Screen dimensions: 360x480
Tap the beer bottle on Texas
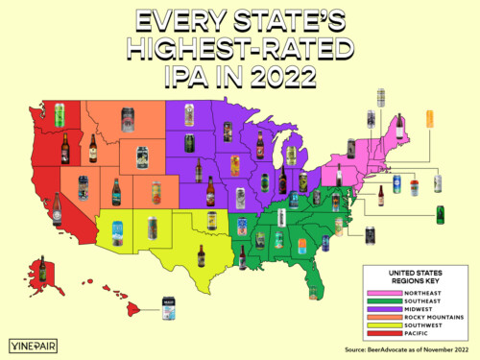[x=201, y=256]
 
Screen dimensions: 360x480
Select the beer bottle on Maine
[x=399, y=126]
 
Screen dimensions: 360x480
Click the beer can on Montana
[x=127, y=119]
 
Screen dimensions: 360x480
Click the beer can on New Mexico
[x=152, y=228]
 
